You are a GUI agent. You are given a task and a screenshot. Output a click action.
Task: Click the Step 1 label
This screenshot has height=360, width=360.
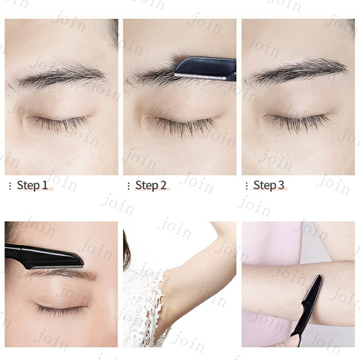click(x=32, y=185)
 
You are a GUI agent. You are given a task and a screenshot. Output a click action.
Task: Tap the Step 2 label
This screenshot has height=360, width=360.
click(x=151, y=185)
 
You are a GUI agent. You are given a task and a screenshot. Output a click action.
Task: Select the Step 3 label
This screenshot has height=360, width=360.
click(x=269, y=185)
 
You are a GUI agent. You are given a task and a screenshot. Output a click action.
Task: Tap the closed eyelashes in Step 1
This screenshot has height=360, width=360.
click(x=59, y=123)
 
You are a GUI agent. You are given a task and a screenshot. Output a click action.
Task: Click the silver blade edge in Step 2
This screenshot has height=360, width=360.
click(x=200, y=77)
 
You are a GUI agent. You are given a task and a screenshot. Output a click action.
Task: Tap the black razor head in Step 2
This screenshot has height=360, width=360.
click(x=206, y=68)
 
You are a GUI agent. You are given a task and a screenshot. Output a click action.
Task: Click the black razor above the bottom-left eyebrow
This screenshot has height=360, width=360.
click(x=44, y=257)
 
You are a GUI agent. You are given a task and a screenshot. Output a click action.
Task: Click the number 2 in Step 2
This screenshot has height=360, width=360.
click(x=163, y=185)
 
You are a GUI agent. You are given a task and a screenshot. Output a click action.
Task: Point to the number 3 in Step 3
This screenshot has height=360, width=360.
click(x=281, y=185)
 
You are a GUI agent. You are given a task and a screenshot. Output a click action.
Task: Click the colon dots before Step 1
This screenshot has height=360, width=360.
click(x=10, y=186)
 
